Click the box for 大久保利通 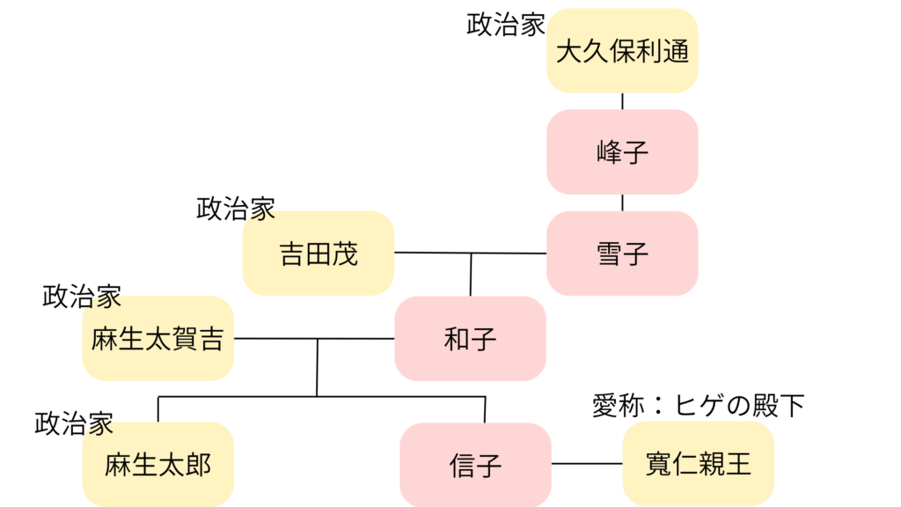(x=622, y=50)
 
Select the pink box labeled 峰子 (x=622, y=151)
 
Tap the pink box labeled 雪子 (x=622, y=253)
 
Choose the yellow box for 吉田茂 (x=318, y=253)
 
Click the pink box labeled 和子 (x=470, y=338)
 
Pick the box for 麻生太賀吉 (x=158, y=338)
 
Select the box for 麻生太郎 (x=158, y=464)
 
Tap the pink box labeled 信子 (x=475, y=465)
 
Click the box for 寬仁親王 (x=698, y=463)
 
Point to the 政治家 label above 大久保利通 (x=506, y=24)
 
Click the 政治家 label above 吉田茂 (x=236, y=209)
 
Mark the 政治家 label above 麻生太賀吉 (x=82, y=297)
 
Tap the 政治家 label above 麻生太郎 (x=74, y=423)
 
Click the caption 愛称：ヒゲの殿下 (x=699, y=406)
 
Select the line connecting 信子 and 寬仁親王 (x=587, y=464)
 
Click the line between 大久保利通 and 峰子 (x=623, y=101)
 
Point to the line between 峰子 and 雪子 (x=623, y=202)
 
